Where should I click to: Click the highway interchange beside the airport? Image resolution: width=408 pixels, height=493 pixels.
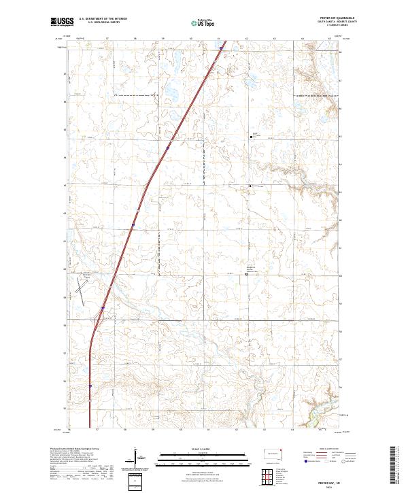(102, 309)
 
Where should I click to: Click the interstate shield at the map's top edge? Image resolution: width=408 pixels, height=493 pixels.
(220, 48)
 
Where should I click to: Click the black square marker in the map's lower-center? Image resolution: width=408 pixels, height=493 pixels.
(246, 275)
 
